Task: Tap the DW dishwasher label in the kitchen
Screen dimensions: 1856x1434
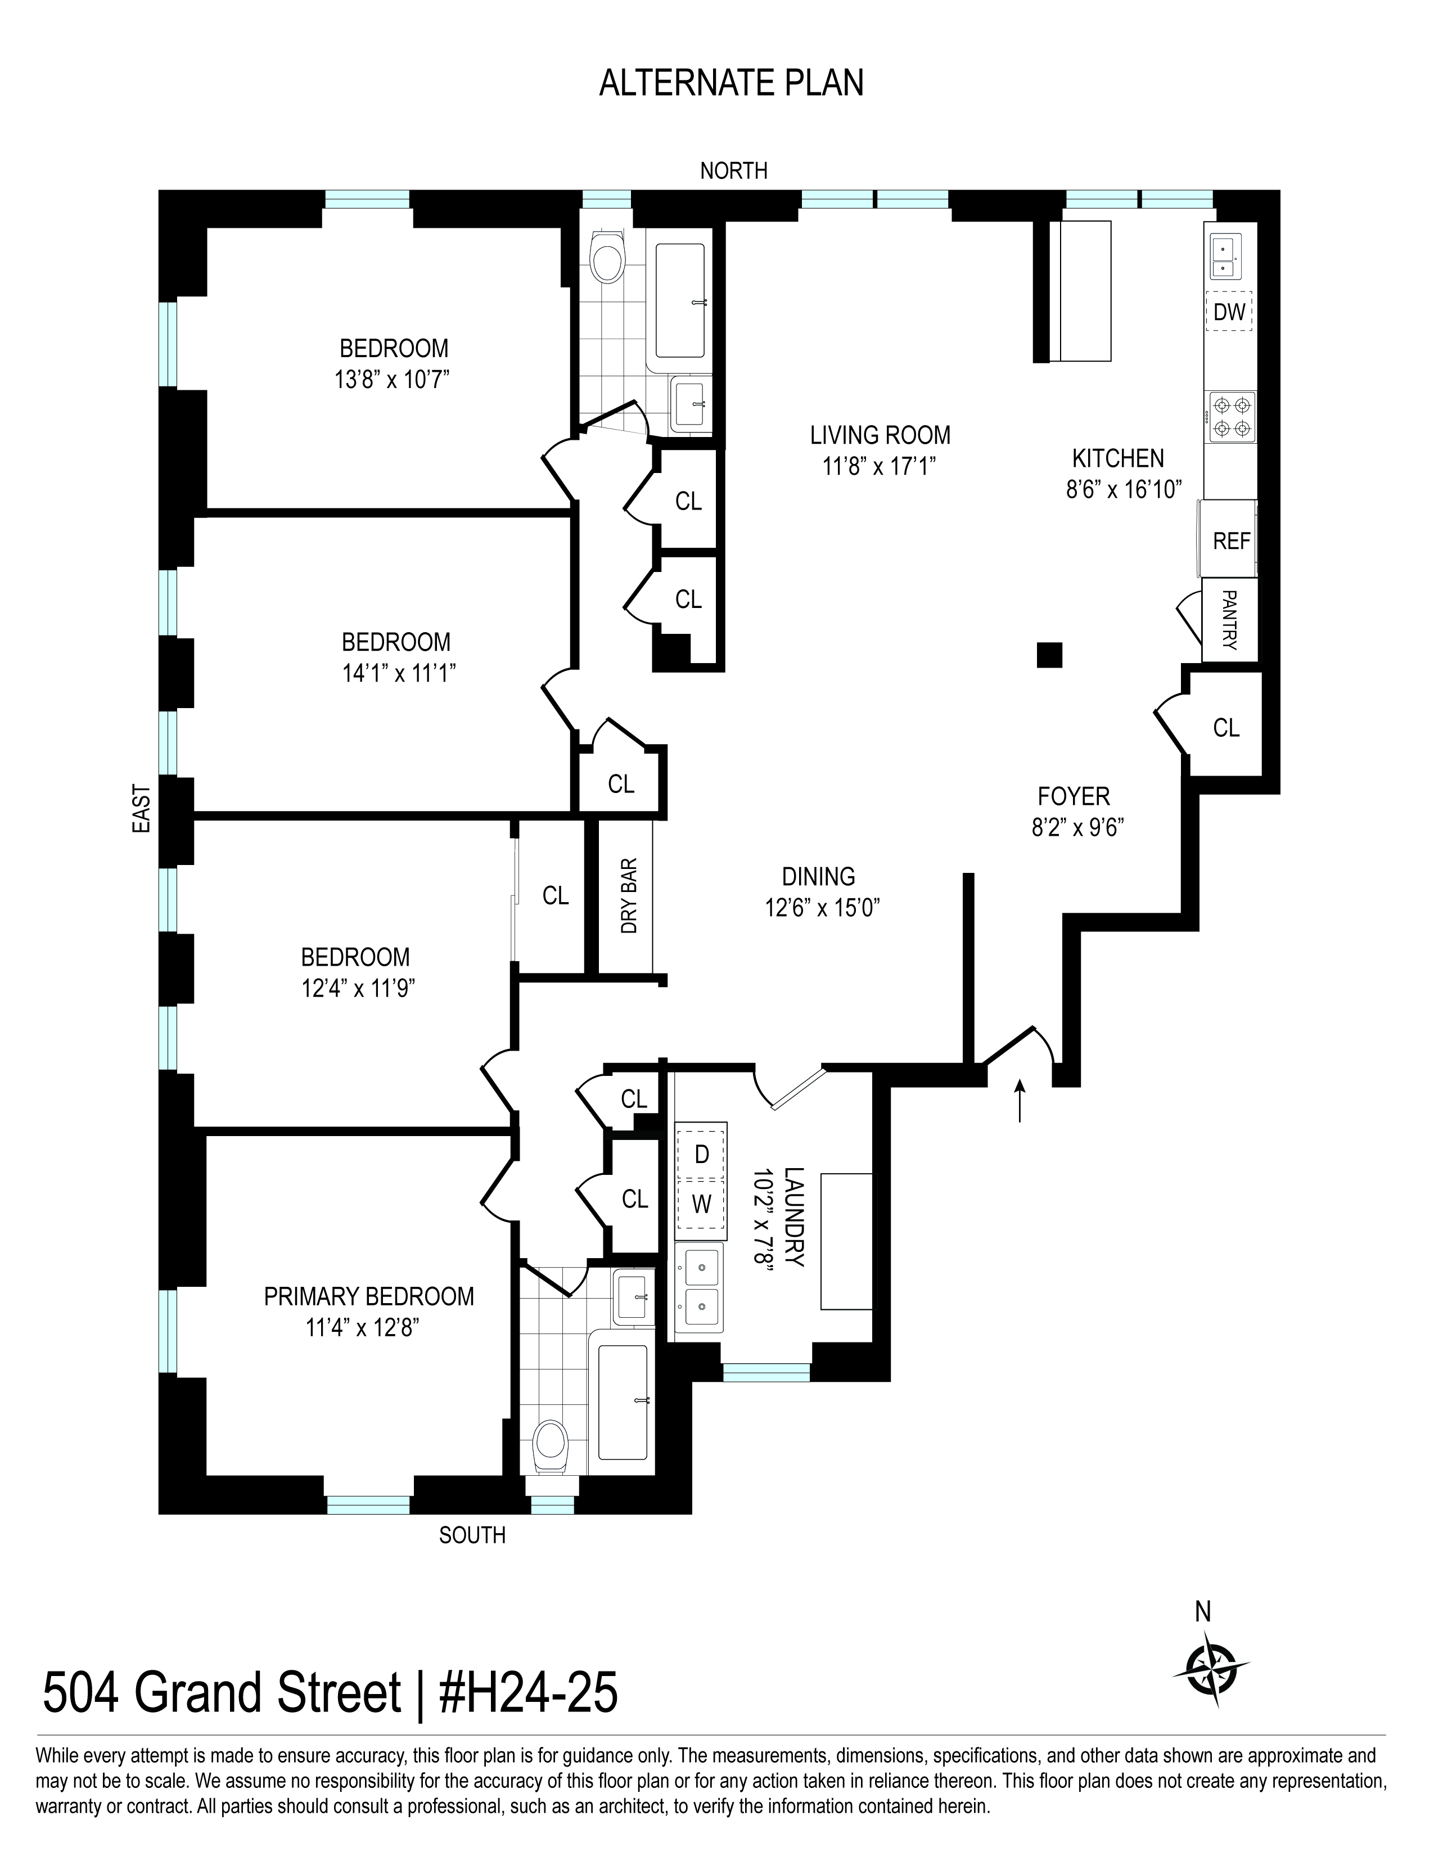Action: click(1228, 312)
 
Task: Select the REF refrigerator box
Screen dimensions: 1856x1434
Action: click(1230, 540)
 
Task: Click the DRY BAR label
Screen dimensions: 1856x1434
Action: click(629, 896)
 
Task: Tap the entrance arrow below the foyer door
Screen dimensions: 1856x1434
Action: click(1020, 1101)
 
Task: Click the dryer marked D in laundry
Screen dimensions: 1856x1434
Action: click(701, 1154)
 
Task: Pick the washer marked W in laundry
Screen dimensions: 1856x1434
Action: click(701, 1204)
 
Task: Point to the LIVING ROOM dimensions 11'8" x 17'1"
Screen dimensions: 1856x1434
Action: click(880, 466)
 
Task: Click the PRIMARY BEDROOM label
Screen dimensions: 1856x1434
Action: click(369, 1296)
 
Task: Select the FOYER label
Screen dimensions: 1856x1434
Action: click(1074, 796)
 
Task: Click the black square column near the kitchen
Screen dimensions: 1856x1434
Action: click(1049, 654)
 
